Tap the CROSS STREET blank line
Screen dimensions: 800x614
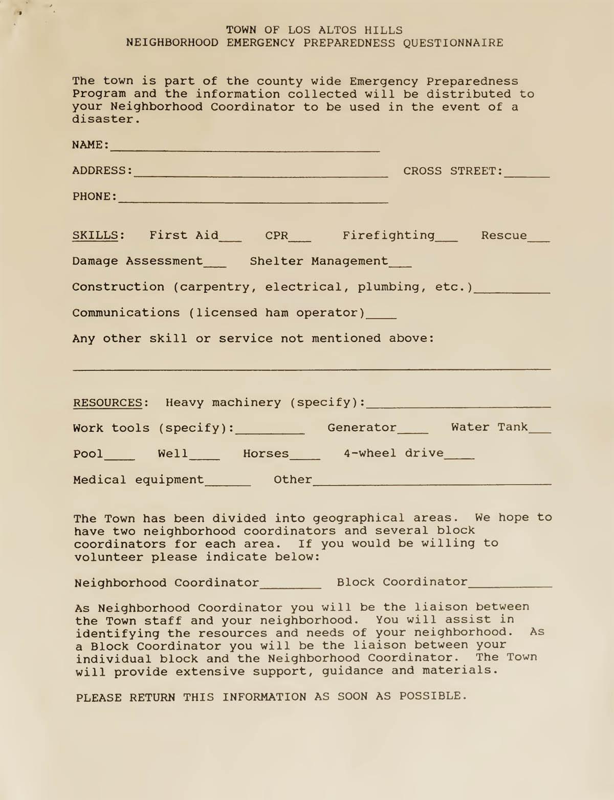(x=527, y=175)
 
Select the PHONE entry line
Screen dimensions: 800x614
(x=253, y=201)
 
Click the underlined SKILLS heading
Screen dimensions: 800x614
(x=96, y=235)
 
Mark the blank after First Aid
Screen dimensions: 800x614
(x=230, y=239)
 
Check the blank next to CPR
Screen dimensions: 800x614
(x=300, y=239)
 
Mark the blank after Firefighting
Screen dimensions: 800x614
(x=447, y=239)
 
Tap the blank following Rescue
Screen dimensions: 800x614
(x=539, y=239)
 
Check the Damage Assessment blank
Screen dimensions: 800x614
(x=215, y=265)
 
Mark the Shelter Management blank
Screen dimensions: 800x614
(x=400, y=265)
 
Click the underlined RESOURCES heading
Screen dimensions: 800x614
(x=107, y=403)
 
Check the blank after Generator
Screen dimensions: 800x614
(x=413, y=431)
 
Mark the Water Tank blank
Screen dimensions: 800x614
(x=540, y=431)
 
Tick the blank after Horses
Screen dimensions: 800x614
(x=305, y=458)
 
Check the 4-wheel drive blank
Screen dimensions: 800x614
(x=459, y=457)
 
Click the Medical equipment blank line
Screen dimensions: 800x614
(x=228, y=484)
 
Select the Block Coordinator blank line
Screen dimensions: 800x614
(x=510, y=586)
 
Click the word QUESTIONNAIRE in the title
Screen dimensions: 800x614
(x=453, y=43)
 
